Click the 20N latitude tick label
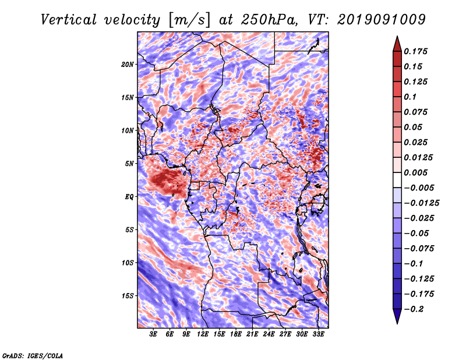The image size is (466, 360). tap(128, 65)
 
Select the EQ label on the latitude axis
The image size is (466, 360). tap(129, 197)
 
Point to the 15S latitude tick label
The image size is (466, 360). tap(128, 296)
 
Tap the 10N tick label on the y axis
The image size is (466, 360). tap(128, 130)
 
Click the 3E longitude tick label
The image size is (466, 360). tap(153, 334)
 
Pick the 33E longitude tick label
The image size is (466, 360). tap(318, 334)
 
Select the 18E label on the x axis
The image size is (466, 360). tap(236, 334)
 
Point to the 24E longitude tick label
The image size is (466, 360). tap(269, 334)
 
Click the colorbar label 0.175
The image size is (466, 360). tap(415, 51)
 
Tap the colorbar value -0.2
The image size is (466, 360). tap(414, 309)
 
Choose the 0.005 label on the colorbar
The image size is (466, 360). tap(415, 172)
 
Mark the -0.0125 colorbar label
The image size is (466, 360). tap(421, 203)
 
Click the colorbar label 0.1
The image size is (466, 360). tap(410, 97)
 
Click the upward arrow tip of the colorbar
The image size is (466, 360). tap(397, 36)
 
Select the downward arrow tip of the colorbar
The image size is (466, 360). tap(397, 324)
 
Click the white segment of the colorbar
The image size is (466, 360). tap(397, 180)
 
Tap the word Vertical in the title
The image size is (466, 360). tap(68, 20)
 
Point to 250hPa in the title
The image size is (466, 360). tap(268, 20)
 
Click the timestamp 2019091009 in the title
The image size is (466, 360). tap(382, 19)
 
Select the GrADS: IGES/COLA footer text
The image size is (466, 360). tap(33, 355)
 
